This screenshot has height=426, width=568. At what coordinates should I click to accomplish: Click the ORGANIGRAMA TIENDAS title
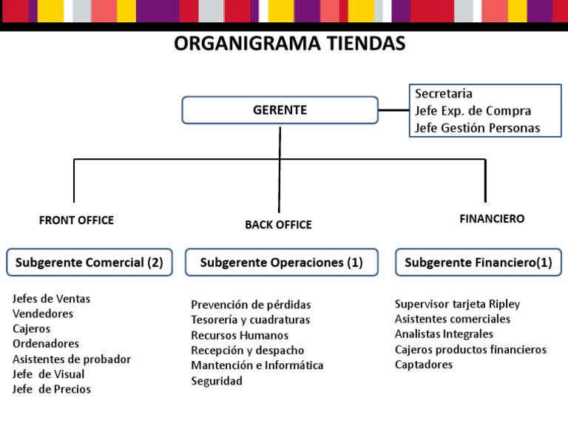click(290, 44)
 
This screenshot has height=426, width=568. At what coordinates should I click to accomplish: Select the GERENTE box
click(280, 111)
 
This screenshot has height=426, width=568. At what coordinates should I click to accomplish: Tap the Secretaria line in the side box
click(444, 94)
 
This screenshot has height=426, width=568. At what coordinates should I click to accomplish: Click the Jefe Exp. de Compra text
click(473, 111)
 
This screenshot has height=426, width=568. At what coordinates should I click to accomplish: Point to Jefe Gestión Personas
click(477, 128)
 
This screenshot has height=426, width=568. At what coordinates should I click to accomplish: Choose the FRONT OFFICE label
click(76, 220)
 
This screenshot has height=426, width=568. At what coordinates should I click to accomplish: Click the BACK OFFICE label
click(278, 225)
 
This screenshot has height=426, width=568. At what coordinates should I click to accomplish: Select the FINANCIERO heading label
click(492, 219)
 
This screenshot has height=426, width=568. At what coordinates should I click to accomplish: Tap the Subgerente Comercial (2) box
click(89, 263)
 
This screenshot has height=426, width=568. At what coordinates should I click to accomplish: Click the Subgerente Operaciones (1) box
click(281, 263)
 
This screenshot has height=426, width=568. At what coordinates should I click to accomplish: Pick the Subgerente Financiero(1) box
click(479, 263)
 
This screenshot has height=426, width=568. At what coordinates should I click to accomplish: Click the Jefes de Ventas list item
click(51, 299)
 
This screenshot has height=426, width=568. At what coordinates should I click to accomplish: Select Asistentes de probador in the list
click(72, 359)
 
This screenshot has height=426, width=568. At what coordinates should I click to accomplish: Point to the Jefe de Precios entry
click(52, 389)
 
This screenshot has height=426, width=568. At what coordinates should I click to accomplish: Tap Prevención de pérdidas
click(251, 305)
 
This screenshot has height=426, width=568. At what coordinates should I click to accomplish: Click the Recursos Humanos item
click(240, 335)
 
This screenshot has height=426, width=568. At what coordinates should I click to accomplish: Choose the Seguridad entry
click(217, 381)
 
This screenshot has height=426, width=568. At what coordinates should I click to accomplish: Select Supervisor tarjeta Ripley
click(457, 304)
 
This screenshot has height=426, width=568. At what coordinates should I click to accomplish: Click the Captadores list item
click(424, 365)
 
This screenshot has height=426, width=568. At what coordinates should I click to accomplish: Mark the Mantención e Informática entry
click(257, 365)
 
